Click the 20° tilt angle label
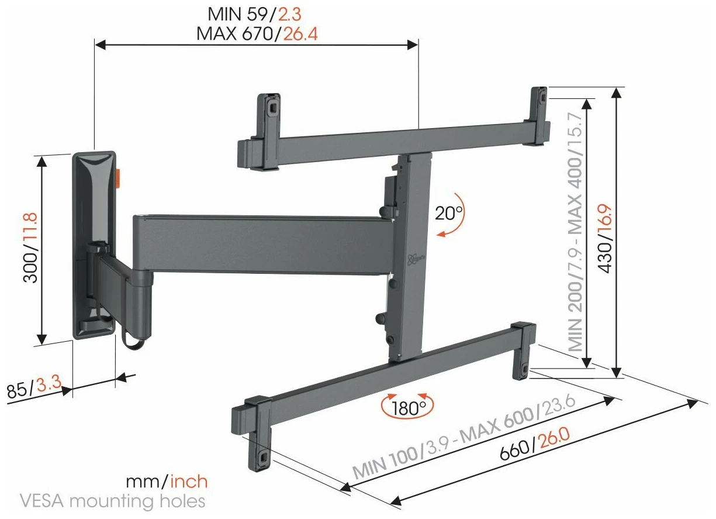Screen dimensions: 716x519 pyautogui.click(x=448, y=214)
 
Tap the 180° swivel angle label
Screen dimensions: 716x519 pyautogui.click(x=409, y=408)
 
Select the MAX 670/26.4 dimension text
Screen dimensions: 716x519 pyautogui.click(x=257, y=34)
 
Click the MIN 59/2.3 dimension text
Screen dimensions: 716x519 pyautogui.click(x=254, y=15)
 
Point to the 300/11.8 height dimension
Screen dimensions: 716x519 pyautogui.click(x=30, y=248)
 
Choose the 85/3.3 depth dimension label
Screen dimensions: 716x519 pyautogui.click(x=34, y=387)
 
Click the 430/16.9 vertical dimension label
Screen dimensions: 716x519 pyautogui.click(x=605, y=239)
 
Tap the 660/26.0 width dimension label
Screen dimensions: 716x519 pyautogui.click(x=534, y=444)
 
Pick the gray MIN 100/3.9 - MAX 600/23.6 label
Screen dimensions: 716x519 pyautogui.click(x=464, y=436)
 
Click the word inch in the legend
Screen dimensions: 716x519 pyautogui.click(x=189, y=482)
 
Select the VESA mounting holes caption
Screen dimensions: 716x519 pyautogui.click(x=112, y=501)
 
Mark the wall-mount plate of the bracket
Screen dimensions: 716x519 pyautogui.click(x=94, y=245)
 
